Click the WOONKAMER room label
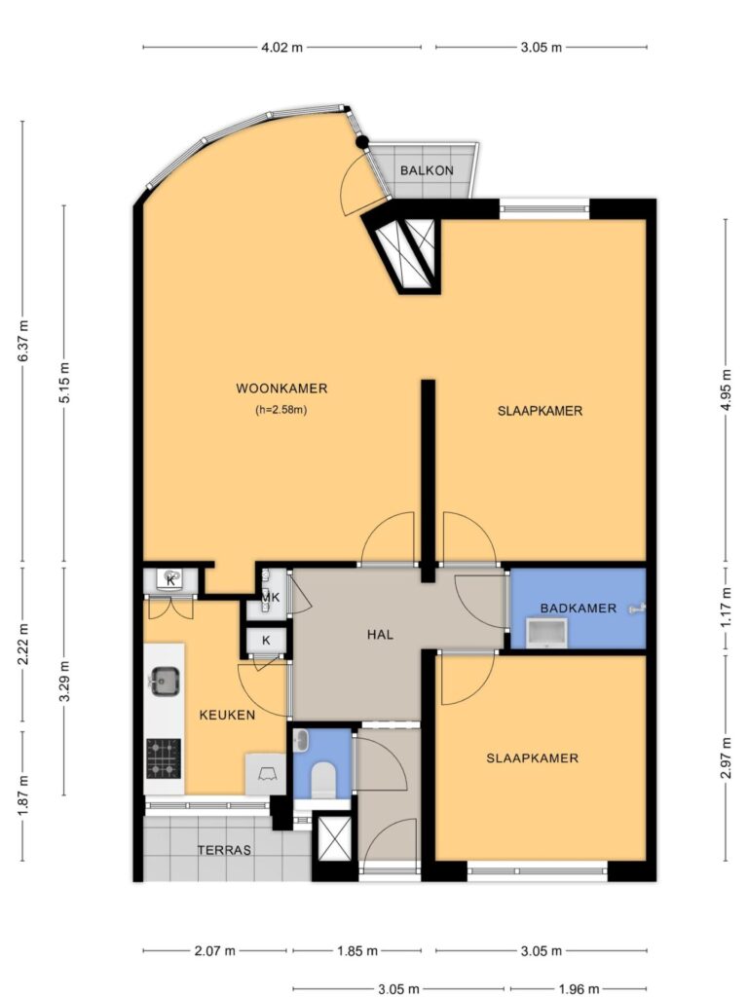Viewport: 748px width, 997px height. (x=281, y=388)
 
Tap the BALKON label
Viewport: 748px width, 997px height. (x=427, y=170)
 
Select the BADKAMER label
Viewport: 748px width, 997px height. (x=579, y=608)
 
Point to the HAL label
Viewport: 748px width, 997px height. (x=381, y=634)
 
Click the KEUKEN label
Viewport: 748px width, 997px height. (x=227, y=715)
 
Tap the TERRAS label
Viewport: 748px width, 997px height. (x=224, y=850)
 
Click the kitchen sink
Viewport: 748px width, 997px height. (x=166, y=682)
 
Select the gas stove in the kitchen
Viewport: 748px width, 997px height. (x=164, y=758)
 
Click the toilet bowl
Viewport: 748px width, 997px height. (x=323, y=780)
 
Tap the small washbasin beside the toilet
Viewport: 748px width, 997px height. (x=302, y=740)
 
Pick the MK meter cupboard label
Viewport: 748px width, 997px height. (x=271, y=598)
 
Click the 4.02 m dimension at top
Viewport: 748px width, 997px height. (x=281, y=47)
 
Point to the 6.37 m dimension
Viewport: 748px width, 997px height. (x=23, y=340)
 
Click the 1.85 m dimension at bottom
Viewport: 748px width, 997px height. (x=356, y=950)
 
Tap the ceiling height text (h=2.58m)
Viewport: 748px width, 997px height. (x=281, y=410)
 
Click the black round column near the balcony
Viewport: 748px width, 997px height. (x=362, y=142)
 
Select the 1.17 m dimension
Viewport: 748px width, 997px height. (x=726, y=608)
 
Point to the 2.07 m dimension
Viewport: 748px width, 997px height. (x=214, y=950)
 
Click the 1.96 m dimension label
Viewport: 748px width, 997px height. (x=579, y=988)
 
